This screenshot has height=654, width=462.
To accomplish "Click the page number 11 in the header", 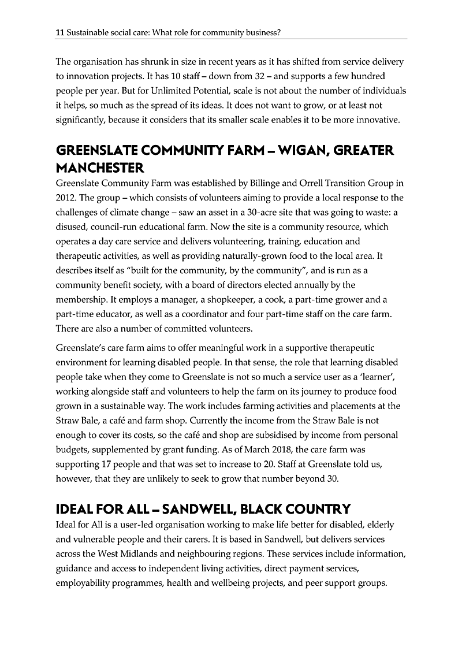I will click(x=59, y=33).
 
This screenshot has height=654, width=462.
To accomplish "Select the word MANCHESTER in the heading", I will click(x=100, y=168).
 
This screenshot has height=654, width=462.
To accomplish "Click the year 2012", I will click(x=65, y=197).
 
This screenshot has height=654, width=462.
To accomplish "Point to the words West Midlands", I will click(x=112, y=554).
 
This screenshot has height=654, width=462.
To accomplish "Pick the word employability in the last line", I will click(x=81, y=584).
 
